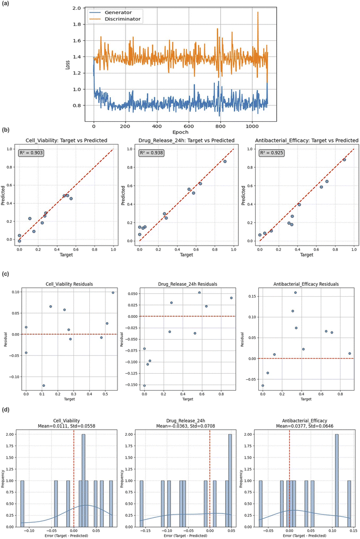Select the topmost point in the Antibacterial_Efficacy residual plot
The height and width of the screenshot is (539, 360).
click(295, 293)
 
